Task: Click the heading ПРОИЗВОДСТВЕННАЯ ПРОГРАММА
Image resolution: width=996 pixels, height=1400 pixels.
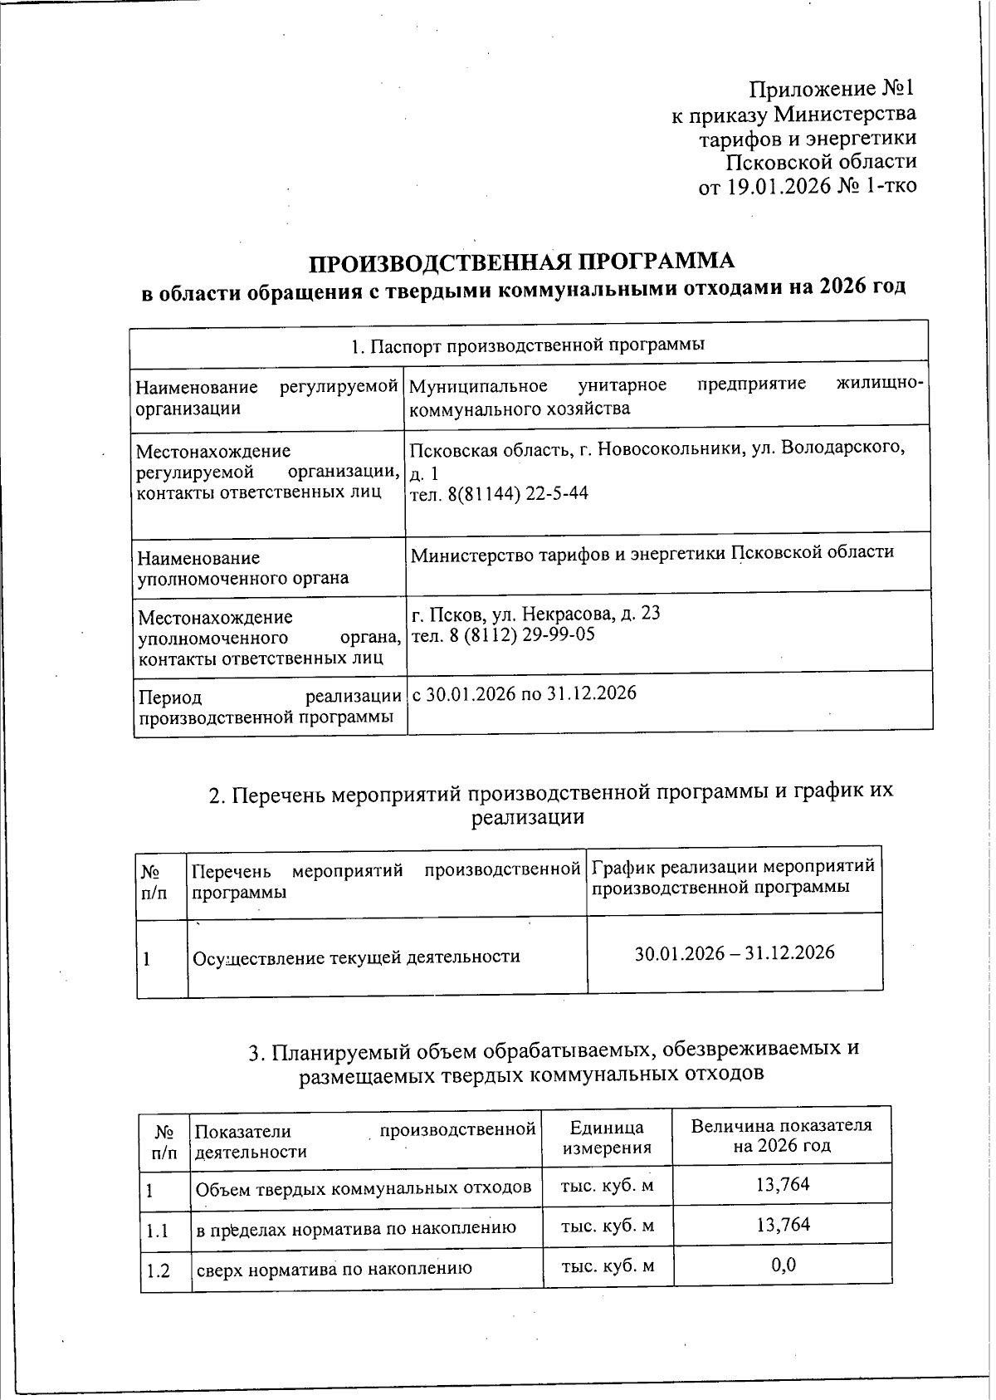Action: tap(522, 262)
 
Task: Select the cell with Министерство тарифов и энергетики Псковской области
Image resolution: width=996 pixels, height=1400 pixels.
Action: tap(652, 553)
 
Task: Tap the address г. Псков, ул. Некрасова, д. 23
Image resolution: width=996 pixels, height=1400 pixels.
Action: tap(536, 614)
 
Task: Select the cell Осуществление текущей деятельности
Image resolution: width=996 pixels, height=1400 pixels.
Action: tap(356, 957)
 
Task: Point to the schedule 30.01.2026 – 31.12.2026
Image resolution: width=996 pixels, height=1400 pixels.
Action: tap(734, 952)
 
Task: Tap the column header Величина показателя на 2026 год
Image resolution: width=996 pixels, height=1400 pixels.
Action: tap(781, 1135)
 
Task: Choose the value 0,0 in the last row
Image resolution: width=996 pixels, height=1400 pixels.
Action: tap(783, 1265)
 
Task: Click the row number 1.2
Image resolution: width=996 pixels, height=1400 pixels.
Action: tap(158, 1270)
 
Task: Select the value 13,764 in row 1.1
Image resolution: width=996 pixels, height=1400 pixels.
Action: tap(783, 1225)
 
